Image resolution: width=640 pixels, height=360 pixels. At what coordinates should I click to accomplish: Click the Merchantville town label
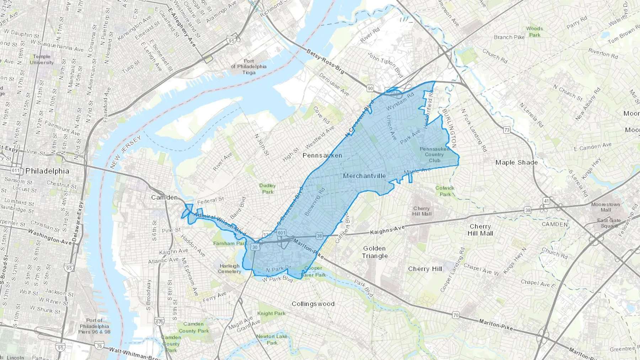364,176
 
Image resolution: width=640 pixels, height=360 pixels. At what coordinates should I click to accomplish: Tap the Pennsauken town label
322,155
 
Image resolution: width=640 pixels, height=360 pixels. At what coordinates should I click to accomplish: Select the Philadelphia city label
47,171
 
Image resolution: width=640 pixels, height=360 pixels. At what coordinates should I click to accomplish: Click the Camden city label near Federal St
164,197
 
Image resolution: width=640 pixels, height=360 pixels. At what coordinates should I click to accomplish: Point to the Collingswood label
313,304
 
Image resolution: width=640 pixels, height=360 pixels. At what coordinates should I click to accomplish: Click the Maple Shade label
516,162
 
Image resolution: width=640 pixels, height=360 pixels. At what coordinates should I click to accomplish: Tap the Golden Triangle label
374,252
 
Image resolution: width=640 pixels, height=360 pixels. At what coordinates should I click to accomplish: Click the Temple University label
42,59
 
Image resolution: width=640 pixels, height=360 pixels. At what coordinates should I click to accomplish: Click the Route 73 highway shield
507,130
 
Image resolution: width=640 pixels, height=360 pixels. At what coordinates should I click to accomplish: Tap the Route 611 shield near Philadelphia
15,170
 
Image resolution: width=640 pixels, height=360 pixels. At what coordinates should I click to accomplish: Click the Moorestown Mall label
606,207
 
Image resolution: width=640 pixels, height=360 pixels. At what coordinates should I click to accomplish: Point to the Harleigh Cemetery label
229,268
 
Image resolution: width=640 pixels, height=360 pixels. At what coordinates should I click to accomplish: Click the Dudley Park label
267,189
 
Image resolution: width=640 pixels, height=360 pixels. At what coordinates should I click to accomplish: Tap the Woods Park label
534,32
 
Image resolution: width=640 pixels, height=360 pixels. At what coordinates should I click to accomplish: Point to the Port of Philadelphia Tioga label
249,66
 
